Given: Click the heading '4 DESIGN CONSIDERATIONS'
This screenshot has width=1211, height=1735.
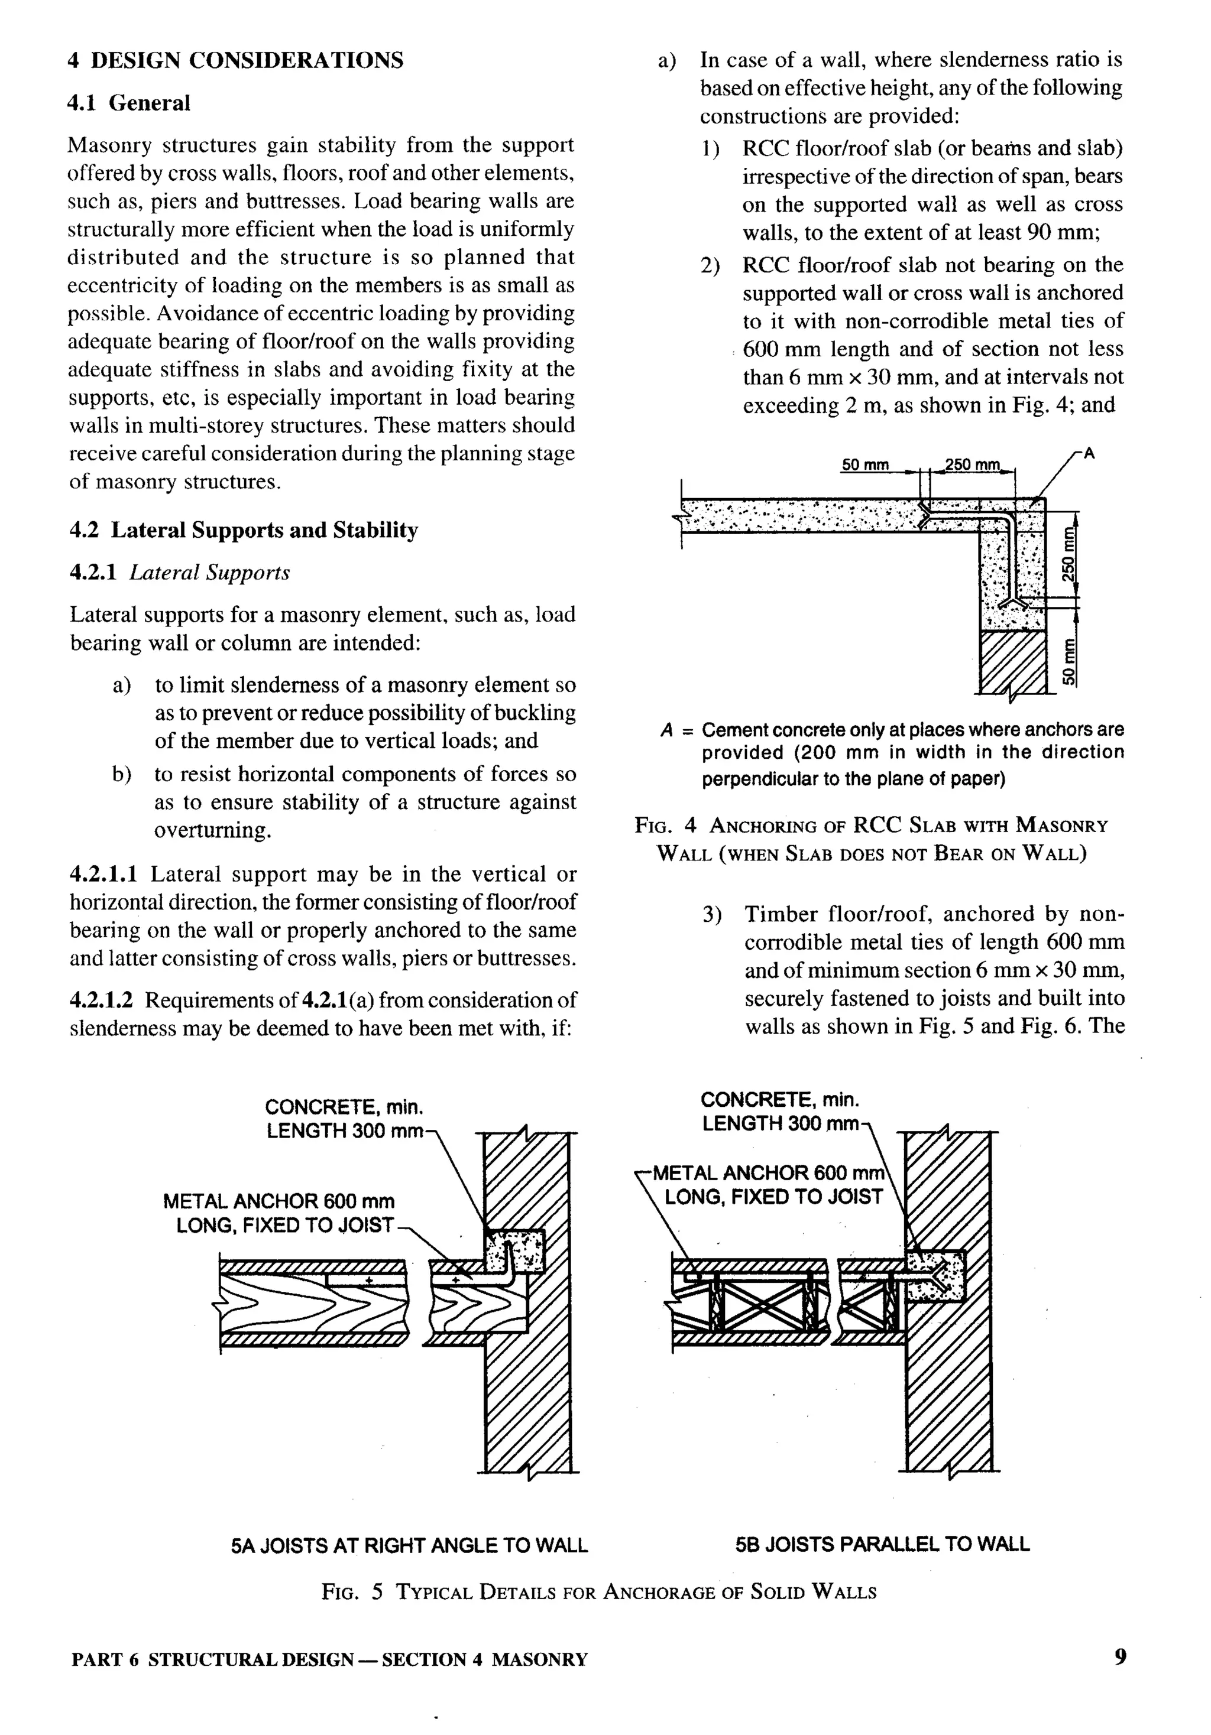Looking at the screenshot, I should [235, 60].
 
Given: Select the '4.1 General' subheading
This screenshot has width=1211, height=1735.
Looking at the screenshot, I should [128, 103].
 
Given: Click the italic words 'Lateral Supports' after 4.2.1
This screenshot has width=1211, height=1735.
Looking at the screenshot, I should [209, 572].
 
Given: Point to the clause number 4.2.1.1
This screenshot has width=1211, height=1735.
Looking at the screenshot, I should [103, 875].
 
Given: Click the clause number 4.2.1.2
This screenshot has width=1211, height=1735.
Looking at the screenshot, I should [101, 1000].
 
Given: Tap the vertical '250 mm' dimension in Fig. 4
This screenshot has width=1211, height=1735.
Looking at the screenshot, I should [1068, 553].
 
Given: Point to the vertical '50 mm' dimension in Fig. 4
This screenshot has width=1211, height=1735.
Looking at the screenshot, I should [1068, 662].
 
